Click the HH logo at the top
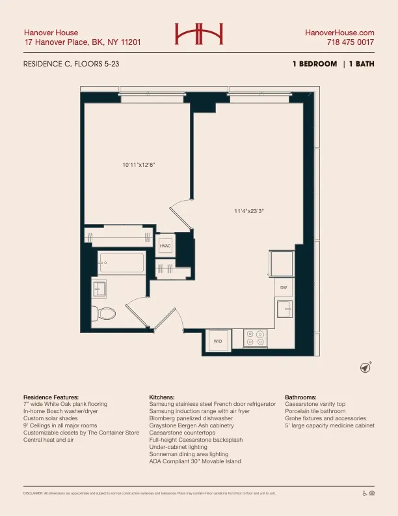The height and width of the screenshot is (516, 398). (198, 33)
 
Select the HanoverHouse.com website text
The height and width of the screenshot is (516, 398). (339, 32)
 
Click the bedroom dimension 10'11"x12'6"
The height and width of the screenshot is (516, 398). (139, 165)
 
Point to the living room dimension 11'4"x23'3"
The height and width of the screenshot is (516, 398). (249, 210)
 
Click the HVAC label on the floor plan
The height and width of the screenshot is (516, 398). (165, 246)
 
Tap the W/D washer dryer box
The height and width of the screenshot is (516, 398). (218, 341)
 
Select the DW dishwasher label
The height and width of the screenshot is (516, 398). (284, 287)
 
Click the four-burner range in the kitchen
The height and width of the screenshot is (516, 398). (255, 337)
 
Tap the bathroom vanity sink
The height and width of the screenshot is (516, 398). (99, 287)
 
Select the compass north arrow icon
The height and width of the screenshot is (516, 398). (366, 367)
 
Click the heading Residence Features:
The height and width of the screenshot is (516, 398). (51, 397)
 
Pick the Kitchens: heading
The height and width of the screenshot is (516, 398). (162, 397)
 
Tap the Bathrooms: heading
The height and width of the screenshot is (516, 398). (300, 397)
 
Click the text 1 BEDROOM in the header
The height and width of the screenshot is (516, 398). (315, 64)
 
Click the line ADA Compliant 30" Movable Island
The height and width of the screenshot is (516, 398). (194, 461)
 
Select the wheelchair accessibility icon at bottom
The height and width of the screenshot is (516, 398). (364, 493)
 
